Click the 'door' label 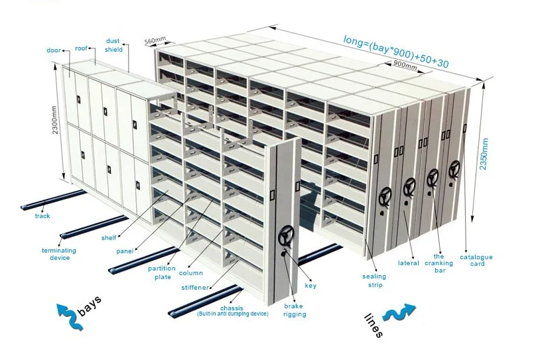(53, 50)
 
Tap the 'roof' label (81, 48)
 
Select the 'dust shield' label (113, 45)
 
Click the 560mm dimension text (154, 41)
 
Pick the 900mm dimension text (405, 66)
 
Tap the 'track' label (42, 215)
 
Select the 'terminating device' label (59, 254)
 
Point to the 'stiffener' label (195, 288)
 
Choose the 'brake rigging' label (295, 310)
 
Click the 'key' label (310, 286)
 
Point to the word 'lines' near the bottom (373, 325)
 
